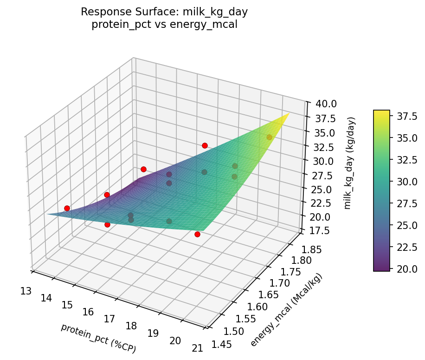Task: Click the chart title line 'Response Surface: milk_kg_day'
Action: pos(164,12)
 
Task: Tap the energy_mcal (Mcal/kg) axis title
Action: pos(286,310)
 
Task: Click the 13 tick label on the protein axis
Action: pos(26,291)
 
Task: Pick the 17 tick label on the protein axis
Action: pos(109,319)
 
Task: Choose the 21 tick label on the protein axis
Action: pos(197,348)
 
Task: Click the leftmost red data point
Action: pos(67,208)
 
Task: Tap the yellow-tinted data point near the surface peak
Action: pos(269,137)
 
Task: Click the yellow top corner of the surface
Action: pos(289,113)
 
